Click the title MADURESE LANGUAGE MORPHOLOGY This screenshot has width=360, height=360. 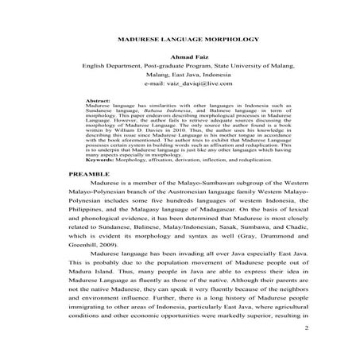point(180,37)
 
